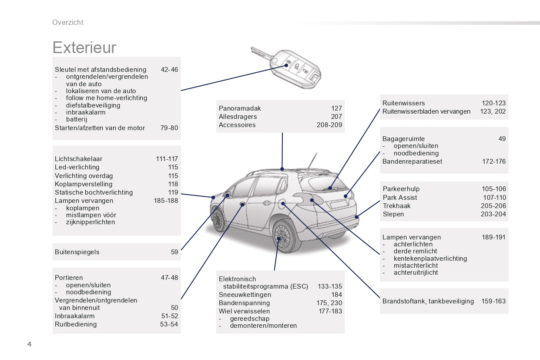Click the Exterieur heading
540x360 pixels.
[x=84, y=47]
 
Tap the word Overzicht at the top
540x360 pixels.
[x=68, y=23]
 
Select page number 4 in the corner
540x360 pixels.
[x=30, y=344]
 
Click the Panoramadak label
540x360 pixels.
[x=240, y=108]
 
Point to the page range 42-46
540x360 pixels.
[x=169, y=70]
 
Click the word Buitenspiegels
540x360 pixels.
[x=77, y=252]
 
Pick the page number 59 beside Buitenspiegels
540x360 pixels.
[x=174, y=252]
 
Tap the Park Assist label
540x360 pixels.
[x=400, y=198]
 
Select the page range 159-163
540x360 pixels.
[x=493, y=301]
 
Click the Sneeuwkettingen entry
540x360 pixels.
[x=245, y=295]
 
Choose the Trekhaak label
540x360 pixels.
[x=396, y=205]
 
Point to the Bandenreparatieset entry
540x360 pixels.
[x=412, y=161]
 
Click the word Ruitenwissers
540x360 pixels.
[x=403, y=103]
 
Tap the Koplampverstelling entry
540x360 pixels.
[x=84, y=184]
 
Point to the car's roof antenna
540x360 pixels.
[x=312, y=161]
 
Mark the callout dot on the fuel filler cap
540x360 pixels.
[x=283, y=204]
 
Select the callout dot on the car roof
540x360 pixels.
[x=282, y=169]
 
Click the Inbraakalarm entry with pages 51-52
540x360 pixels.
[x=74, y=316]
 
